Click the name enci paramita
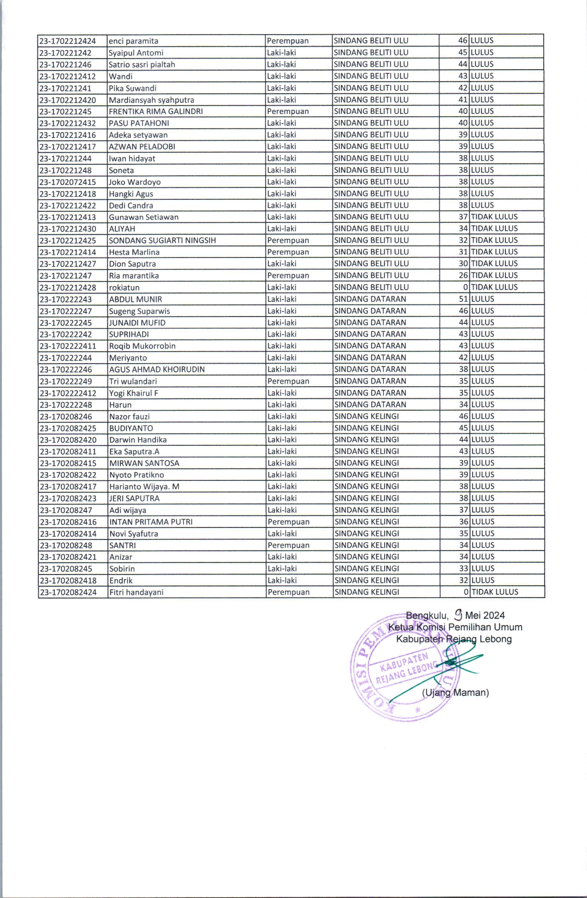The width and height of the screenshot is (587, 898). coord(133,41)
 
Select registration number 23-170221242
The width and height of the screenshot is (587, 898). coord(65,53)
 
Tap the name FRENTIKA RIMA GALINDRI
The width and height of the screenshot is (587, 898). coord(156,111)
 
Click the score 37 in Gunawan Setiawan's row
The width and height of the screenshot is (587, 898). coord(463,217)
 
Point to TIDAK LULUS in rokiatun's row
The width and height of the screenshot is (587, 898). coord(494,287)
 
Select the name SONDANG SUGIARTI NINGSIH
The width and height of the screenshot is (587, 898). coord(162,240)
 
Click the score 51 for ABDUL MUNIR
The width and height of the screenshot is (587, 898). coord(463,299)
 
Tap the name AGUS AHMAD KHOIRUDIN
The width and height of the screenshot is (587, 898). coord(157,369)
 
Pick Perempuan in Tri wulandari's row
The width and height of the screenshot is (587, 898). coord(288,381)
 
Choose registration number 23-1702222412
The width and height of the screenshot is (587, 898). coord(68,393)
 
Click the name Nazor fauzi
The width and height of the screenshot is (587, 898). coord(130,417)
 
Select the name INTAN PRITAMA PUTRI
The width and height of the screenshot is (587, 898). coord(151,522)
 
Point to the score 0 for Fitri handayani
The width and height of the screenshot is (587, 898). coord(466,592)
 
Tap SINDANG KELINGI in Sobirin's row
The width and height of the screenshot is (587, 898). coord(367,569)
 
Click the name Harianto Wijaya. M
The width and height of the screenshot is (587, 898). coord(144,486)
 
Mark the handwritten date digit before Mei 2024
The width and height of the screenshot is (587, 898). coord(458,614)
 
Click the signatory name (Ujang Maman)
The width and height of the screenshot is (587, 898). coord(455,693)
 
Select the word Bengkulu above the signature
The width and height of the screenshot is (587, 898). coord(427,616)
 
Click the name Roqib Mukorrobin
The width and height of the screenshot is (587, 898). coord(142,346)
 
